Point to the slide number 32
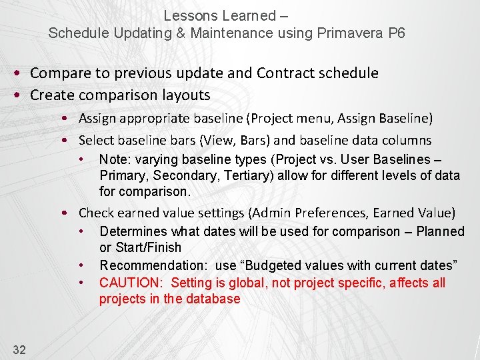[19, 349]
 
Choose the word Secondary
[175, 176]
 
